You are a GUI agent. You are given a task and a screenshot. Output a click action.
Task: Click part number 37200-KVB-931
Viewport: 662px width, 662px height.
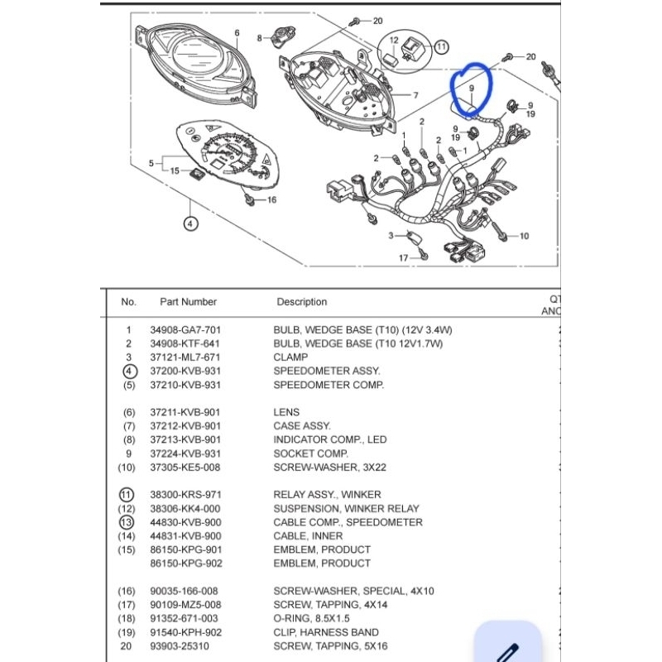tap(185, 371)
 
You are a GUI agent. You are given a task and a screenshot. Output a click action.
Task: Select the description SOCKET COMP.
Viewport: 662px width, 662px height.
tap(311, 453)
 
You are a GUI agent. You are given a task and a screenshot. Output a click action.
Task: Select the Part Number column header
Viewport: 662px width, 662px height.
tap(188, 302)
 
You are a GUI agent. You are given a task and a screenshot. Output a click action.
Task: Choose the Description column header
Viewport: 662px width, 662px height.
tap(301, 302)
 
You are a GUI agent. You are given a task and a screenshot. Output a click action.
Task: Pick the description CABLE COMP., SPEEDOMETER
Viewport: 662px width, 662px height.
tap(348, 522)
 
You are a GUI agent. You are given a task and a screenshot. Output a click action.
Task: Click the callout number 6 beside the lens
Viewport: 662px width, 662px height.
tap(237, 34)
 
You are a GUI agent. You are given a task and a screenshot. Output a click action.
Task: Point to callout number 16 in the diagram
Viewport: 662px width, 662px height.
tap(271, 199)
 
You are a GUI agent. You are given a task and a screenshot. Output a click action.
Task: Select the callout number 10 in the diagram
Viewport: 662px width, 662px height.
tap(523, 236)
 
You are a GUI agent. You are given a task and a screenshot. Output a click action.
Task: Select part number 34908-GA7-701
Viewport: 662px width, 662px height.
tap(185, 329)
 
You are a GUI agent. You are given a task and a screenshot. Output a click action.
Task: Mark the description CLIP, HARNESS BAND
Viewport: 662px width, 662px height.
tap(325, 632)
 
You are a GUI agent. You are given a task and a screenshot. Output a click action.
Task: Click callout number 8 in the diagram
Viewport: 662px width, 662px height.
tap(260, 38)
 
